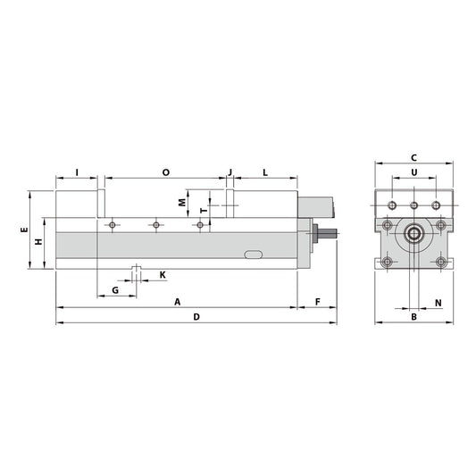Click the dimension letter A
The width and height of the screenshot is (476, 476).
pyautogui.click(x=177, y=302)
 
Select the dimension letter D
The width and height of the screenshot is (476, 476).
pyautogui.click(x=196, y=317)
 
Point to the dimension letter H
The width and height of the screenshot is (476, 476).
pyautogui.click(x=38, y=243)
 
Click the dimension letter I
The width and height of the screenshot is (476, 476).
pyautogui.click(x=77, y=171)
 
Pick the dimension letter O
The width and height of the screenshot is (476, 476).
pyautogui.click(x=166, y=171)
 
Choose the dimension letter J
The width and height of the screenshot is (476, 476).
pyautogui.click(x=230, y=171)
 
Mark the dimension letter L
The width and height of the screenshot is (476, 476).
pyautogui.click(x=265, y=171)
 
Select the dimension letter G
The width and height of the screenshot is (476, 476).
pyautogui.click(x=115, y=291)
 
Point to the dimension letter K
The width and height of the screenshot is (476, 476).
pyautogui.click(x=162, y=274)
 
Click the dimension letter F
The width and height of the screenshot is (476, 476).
pyautogui.click(x=318, y=302)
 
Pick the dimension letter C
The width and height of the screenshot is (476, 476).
pyautogui.click(x=413, y=158)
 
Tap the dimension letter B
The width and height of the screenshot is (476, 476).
pyautogui.click(x=413, y=316)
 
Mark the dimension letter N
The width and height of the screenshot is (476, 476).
pyautogui.click(x=438, y=303)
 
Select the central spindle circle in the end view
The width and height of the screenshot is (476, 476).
pyautogui.click(x=413, y=236)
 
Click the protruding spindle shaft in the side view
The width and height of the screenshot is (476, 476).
pyautogui.click(x=329, y=235)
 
